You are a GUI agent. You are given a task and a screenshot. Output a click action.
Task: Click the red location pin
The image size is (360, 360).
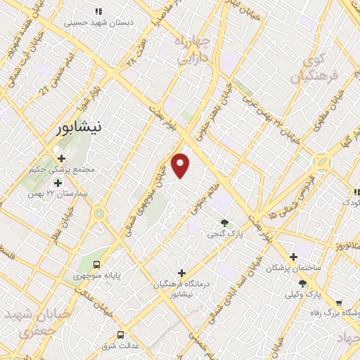pyautogui.click(x=181, y=165)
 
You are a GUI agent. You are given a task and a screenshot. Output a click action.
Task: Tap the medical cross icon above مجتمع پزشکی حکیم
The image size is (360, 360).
pyautogui.click(x=63, y=158)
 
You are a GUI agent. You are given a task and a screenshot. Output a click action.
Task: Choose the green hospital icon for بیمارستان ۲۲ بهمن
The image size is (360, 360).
pyautogui.click(x=58, y=183)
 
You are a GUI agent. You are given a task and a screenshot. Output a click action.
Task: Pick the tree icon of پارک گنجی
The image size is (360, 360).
pyautogui.click(x=225, y=222)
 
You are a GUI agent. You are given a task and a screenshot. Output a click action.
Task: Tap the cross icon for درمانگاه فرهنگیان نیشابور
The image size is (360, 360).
pyautogui.click(x=181, y=273)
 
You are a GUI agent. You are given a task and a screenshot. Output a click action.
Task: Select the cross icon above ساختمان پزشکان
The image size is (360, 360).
pyautogui.click(x=293, y=257)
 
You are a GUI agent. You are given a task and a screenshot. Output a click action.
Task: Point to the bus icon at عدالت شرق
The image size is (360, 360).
pyautogui.click(x=121, y=335)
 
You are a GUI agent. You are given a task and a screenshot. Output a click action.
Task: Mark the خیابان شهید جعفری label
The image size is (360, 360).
pyautogui.click(x=28, y=320)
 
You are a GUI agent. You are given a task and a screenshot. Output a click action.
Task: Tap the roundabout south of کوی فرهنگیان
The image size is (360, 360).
pyautogui.click(x=322, y=163)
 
